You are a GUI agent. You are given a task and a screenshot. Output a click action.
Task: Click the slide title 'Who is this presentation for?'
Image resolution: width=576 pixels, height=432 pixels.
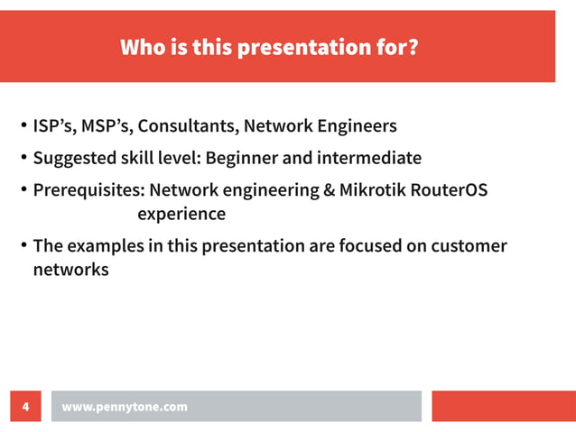coord(269,47)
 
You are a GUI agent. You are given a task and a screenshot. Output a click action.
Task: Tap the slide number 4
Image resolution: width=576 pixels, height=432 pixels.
coord(25,407)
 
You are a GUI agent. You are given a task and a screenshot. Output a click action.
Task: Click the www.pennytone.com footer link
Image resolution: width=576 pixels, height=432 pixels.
coord(125,407)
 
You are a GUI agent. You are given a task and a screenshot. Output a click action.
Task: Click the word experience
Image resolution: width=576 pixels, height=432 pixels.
coord(181,215)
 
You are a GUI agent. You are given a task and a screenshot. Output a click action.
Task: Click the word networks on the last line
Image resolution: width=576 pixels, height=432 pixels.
coord(70,269)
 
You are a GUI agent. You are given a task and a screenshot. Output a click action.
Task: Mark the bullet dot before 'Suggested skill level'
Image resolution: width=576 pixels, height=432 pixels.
coord(23,160)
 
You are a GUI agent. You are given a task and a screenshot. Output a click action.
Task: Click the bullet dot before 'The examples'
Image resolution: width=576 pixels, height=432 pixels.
coord(23,246)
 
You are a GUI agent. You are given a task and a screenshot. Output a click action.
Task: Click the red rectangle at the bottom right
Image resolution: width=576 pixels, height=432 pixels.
coord(503,406)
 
